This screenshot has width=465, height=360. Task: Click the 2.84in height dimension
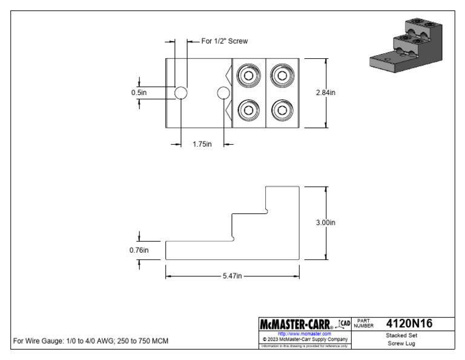click(325, 93)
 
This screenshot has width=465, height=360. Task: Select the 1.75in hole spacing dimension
click(202, 144)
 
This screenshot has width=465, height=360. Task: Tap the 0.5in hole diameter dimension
click(139, 93)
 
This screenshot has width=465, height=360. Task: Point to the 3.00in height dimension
click(325, 222)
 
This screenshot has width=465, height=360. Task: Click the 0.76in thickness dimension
click(139, 250)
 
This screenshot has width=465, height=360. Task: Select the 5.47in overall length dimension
click(232, 276)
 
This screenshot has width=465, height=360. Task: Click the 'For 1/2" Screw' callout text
click(225, 41)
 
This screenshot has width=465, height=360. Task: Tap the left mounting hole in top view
click(180, 93)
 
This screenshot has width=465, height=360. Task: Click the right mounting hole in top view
click(223, 93)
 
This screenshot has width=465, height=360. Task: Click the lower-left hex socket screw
click(249, 110)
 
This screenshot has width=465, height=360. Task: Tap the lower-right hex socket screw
click(282, 110)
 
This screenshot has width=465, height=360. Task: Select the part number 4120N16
click(409, 323)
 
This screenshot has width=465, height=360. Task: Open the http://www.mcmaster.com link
click(304, 334)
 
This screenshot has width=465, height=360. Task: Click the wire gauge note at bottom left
click(91, 341)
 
